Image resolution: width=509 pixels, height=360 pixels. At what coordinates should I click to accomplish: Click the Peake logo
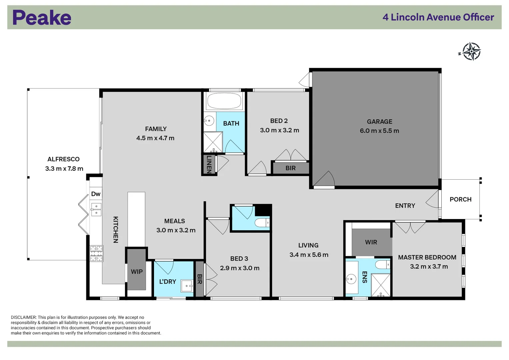coord(42,18)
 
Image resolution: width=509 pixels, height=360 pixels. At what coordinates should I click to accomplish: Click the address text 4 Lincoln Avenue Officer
coord(438,17)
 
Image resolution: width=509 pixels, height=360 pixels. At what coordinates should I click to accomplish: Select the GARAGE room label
coord(379,122)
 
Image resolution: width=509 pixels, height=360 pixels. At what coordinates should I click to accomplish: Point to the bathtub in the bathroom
coord(224,101)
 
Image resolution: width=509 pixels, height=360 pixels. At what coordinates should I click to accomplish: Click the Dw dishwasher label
coord(96,194)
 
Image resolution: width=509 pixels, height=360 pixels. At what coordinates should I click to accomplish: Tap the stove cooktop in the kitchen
coord(96,253)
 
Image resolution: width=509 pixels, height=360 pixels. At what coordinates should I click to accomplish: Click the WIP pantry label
coord(137,272)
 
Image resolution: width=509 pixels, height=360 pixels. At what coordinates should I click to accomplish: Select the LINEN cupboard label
coord(209,164)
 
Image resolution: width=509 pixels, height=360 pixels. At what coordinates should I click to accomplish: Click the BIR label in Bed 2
coord(290,168)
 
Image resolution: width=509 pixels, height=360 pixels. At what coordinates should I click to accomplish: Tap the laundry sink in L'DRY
coord(187,286)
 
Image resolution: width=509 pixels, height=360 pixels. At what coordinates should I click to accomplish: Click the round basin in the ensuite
coord(351,278)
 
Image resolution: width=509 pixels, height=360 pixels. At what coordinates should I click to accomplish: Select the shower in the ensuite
coord(380,285)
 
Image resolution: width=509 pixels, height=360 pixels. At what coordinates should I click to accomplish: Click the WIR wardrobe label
coord(371,242)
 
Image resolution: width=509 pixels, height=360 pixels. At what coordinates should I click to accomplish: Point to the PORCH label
coord(460,199)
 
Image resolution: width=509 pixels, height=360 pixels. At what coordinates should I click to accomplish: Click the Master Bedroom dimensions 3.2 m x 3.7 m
coord(429,267)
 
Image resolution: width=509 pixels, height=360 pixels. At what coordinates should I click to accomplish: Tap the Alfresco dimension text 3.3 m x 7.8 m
coord(64,169)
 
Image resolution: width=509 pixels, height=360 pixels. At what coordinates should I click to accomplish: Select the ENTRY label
coord(405,206)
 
